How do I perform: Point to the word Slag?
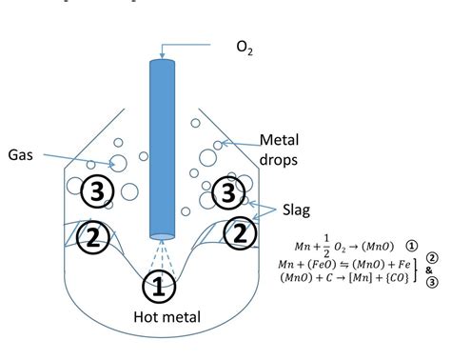302,208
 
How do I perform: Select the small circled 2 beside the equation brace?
432,258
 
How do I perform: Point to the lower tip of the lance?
162,236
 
